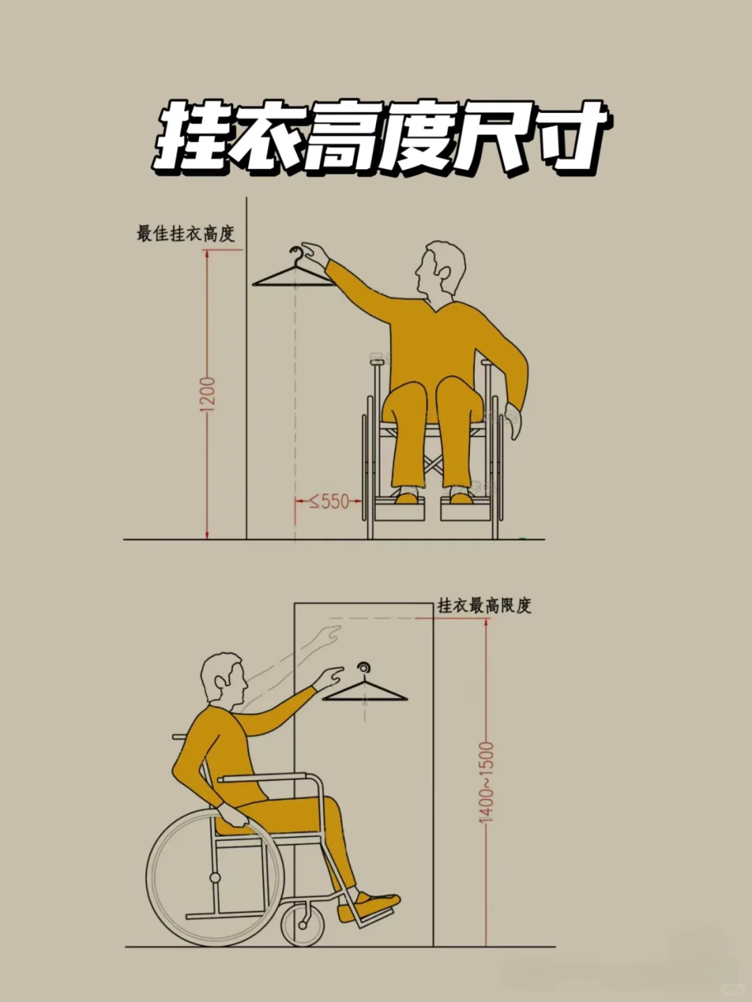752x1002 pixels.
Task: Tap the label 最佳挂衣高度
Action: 185,233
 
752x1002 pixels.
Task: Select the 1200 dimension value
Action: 207,393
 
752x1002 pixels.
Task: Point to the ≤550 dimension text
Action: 329,501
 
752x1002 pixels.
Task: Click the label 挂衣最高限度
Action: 484,605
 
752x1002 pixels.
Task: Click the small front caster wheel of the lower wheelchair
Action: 303,924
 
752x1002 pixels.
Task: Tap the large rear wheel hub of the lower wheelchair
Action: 215,877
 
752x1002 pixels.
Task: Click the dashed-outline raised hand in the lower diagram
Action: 327,635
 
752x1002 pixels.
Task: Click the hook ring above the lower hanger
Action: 364,668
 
